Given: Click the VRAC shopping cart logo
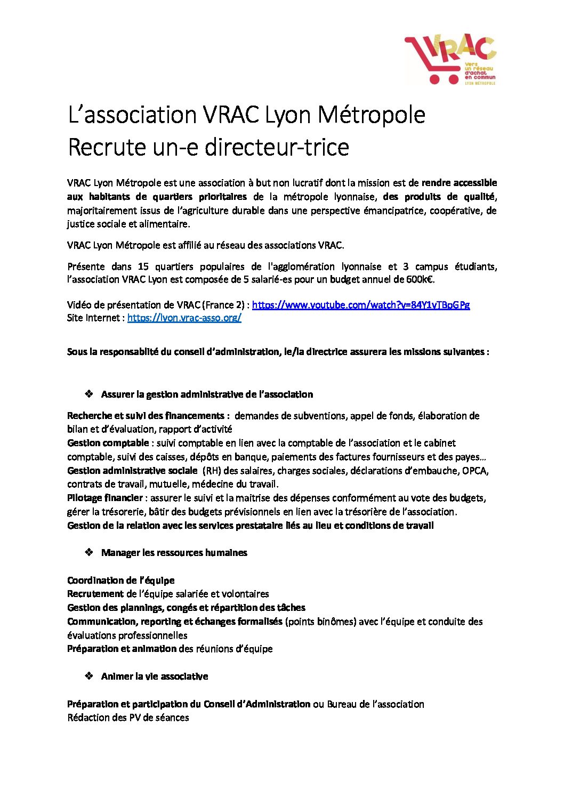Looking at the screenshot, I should [x=450, y=60].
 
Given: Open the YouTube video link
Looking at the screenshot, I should [x=360, y=305].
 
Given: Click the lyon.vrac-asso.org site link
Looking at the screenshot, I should [x=184, y=318].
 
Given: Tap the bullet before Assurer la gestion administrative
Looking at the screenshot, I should [x=89, y=394].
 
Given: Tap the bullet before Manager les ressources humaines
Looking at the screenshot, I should [x=89, y=552].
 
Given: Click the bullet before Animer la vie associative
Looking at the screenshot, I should [x=89, y=676].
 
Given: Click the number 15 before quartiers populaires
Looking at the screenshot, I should [x=143, y=267].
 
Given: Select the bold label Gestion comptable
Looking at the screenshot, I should [x=108, y=443].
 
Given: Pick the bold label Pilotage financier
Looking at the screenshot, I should [x=104, y=498].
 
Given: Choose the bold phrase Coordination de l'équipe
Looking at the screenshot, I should [x=120, y=580].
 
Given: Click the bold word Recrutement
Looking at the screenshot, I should [x=95, y=594].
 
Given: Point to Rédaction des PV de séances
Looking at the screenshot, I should [x=128, y=718].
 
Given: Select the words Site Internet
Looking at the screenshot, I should [x=94, y=318].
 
